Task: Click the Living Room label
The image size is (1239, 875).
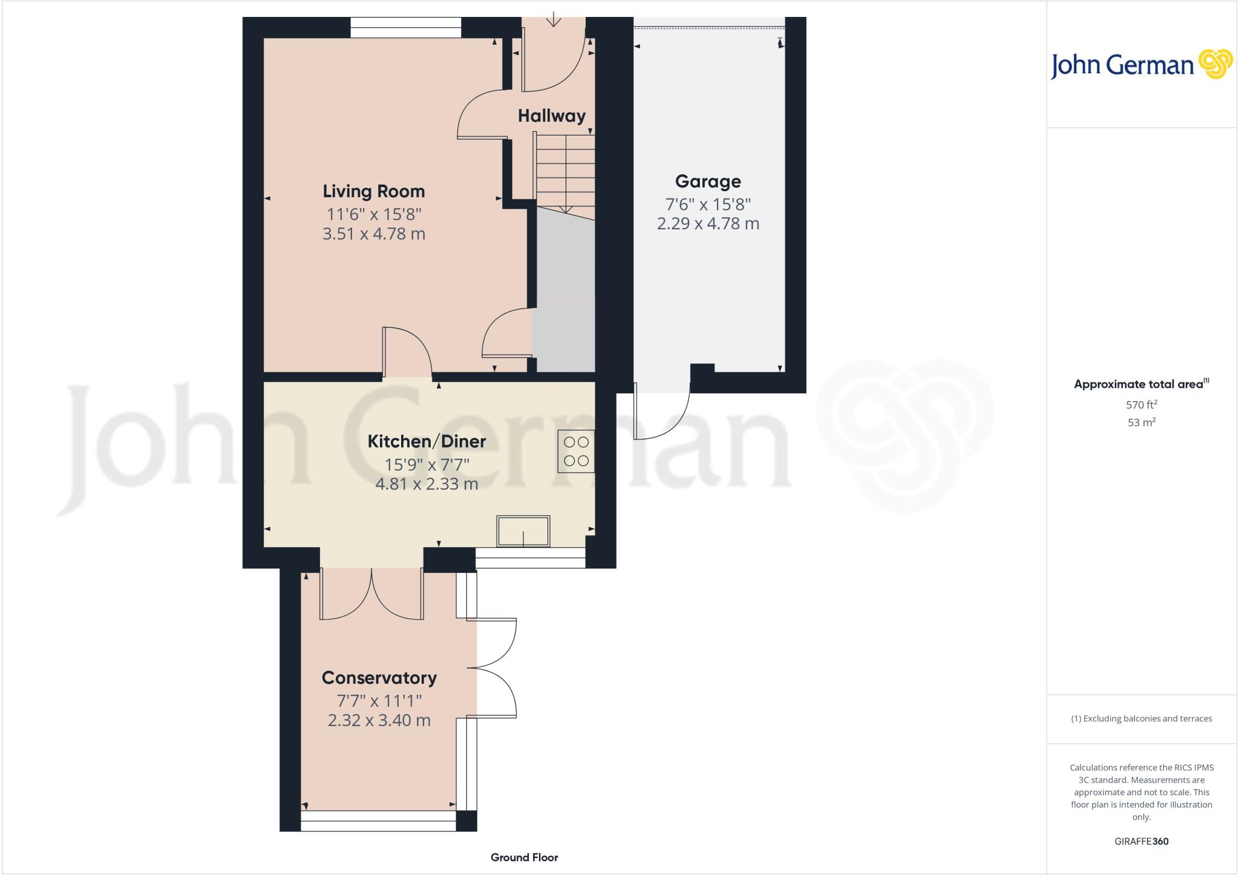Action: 373,191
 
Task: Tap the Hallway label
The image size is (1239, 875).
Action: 551,116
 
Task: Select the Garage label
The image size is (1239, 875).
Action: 708,182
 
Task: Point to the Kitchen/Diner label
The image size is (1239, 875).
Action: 427,441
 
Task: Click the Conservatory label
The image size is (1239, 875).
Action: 379,678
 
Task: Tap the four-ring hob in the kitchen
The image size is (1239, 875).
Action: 576,451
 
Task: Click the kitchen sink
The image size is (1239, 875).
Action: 523,531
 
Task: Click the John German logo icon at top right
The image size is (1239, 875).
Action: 1215,64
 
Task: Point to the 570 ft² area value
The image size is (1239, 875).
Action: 1141,405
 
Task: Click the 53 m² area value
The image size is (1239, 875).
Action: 1141,422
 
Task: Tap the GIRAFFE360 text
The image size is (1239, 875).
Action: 1141,841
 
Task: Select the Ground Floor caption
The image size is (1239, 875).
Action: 524,857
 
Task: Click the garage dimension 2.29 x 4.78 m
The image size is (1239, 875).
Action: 708,224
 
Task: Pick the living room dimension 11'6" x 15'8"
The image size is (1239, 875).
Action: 373,214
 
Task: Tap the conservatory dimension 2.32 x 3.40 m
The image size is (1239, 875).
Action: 379,721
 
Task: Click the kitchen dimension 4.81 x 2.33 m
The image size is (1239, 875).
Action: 427,484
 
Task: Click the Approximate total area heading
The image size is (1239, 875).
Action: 1140,384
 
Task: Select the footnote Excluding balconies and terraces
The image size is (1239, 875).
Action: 1141,719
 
